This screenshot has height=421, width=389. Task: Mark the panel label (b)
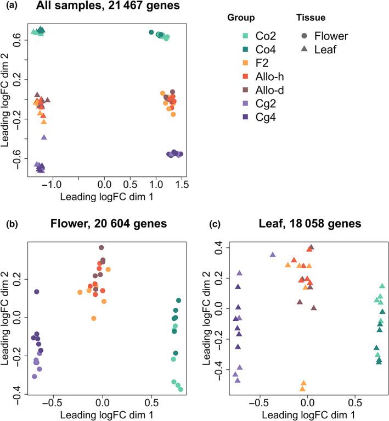pos(12,224)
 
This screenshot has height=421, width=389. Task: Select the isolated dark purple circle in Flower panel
pos(37,292)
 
